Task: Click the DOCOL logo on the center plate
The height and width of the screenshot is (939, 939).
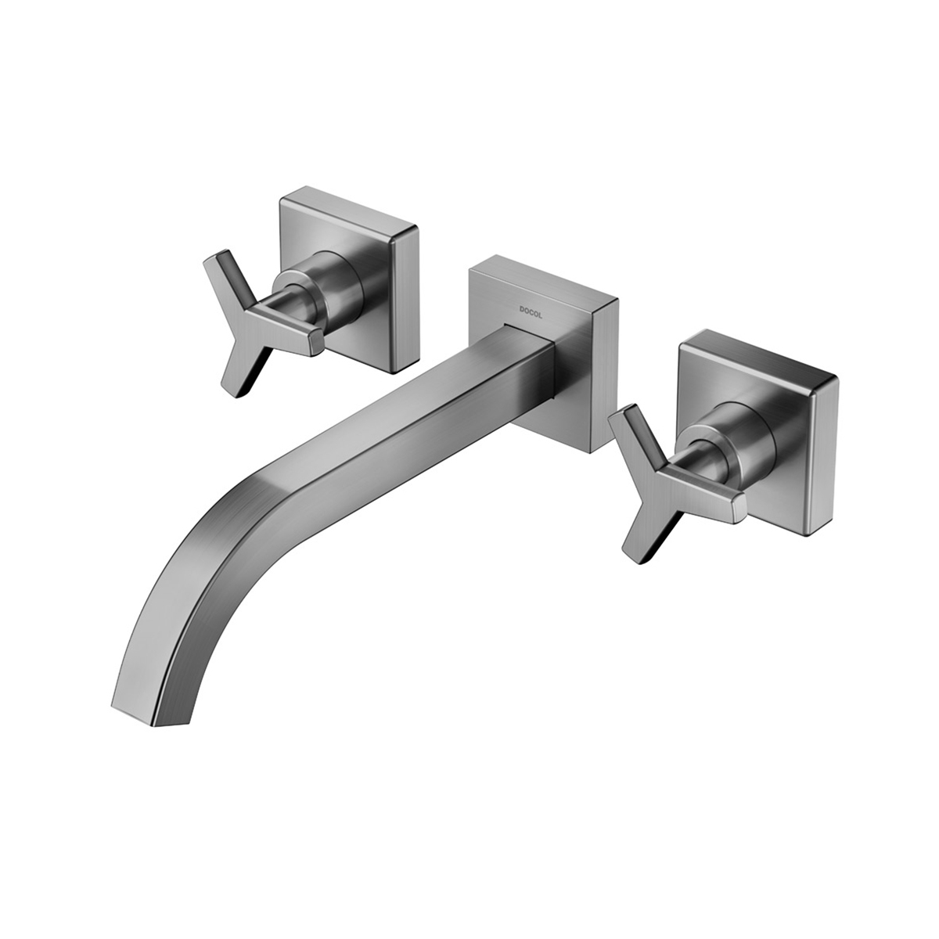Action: (532, 309)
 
